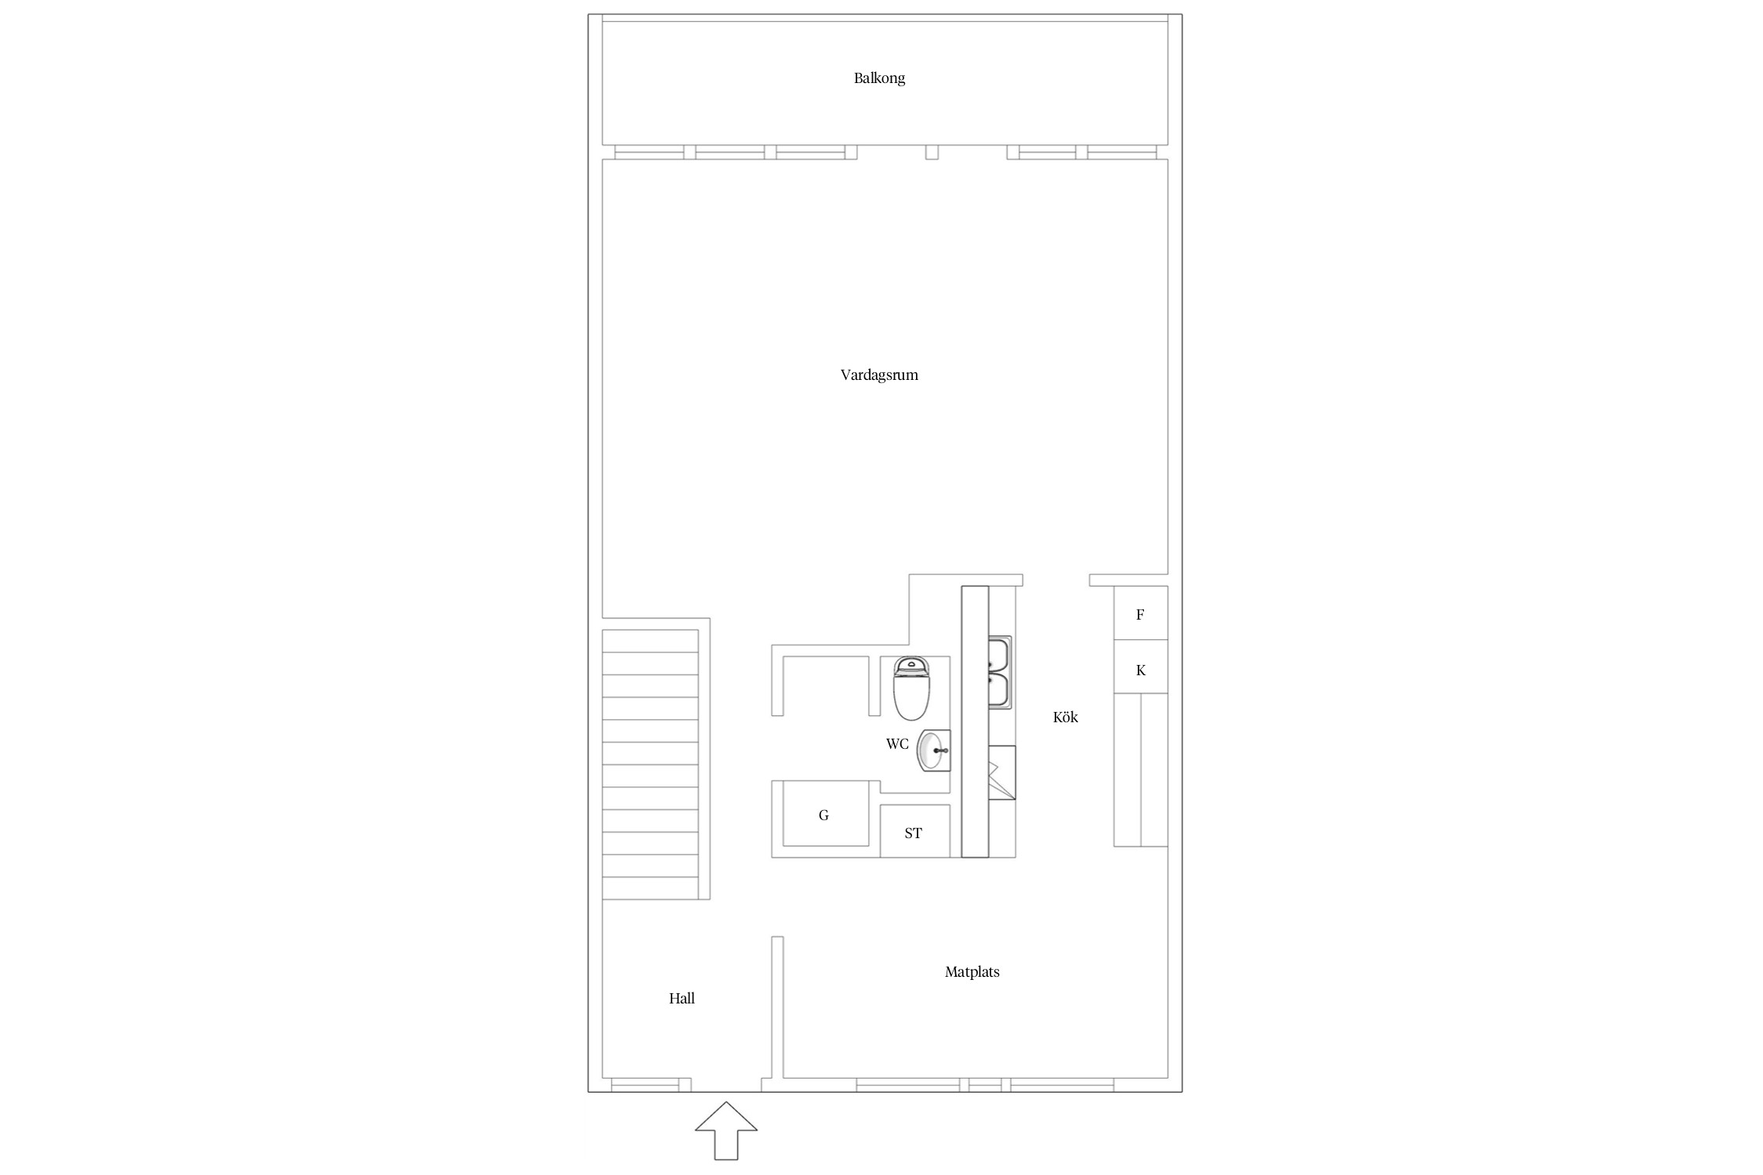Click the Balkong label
879,78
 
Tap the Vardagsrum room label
879,375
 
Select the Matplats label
972,972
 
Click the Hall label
682,999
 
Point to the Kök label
1066,717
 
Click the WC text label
897,744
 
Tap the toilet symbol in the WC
911,689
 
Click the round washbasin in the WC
934,750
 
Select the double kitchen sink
1000,672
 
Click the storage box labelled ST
914,831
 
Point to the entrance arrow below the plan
726,1130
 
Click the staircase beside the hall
650,765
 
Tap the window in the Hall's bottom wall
645,1085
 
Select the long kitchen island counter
975,721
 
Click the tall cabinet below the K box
1141,770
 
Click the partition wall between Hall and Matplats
777,1007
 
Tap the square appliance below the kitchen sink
1002,772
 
